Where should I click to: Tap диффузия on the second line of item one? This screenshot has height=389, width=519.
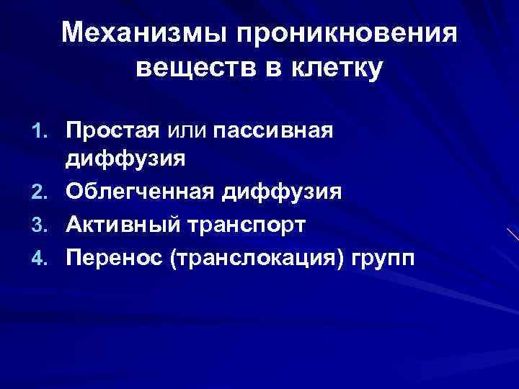pos(126,159)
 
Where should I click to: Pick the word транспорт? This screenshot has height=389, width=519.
pos(249,225)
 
